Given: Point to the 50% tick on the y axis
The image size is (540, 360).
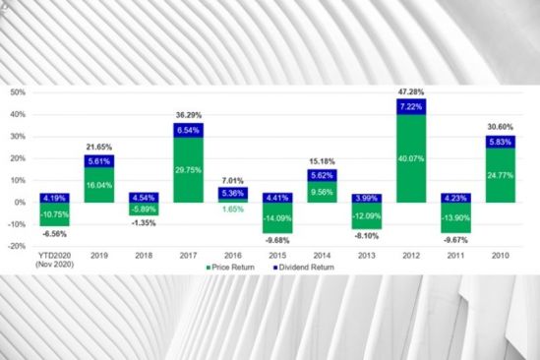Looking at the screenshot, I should [x=17, y=92].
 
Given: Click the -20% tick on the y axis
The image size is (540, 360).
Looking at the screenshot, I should [x=17, y=247].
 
